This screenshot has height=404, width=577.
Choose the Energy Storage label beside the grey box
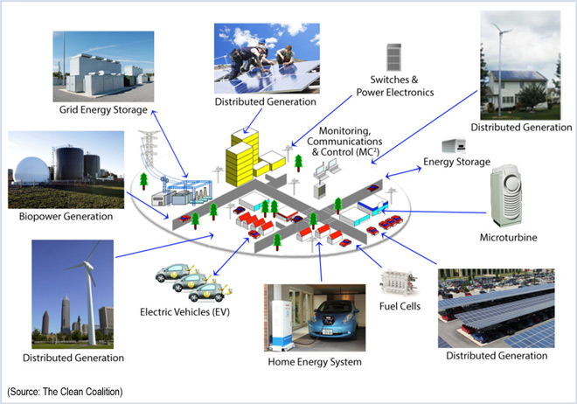click(x=457, y=162)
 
